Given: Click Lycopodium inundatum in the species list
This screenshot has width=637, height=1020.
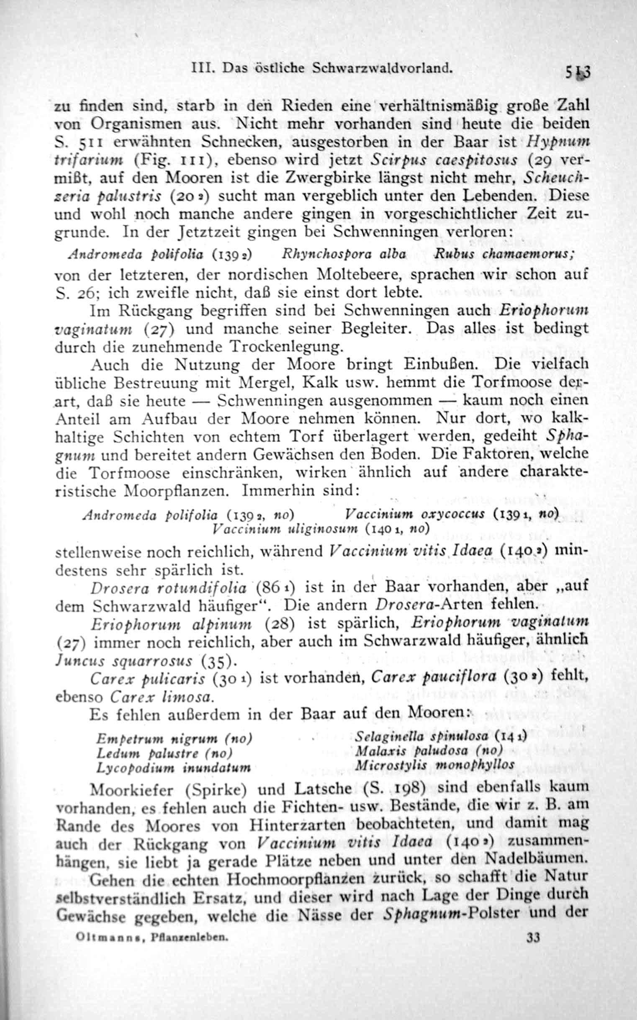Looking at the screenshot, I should tap(173, 768).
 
